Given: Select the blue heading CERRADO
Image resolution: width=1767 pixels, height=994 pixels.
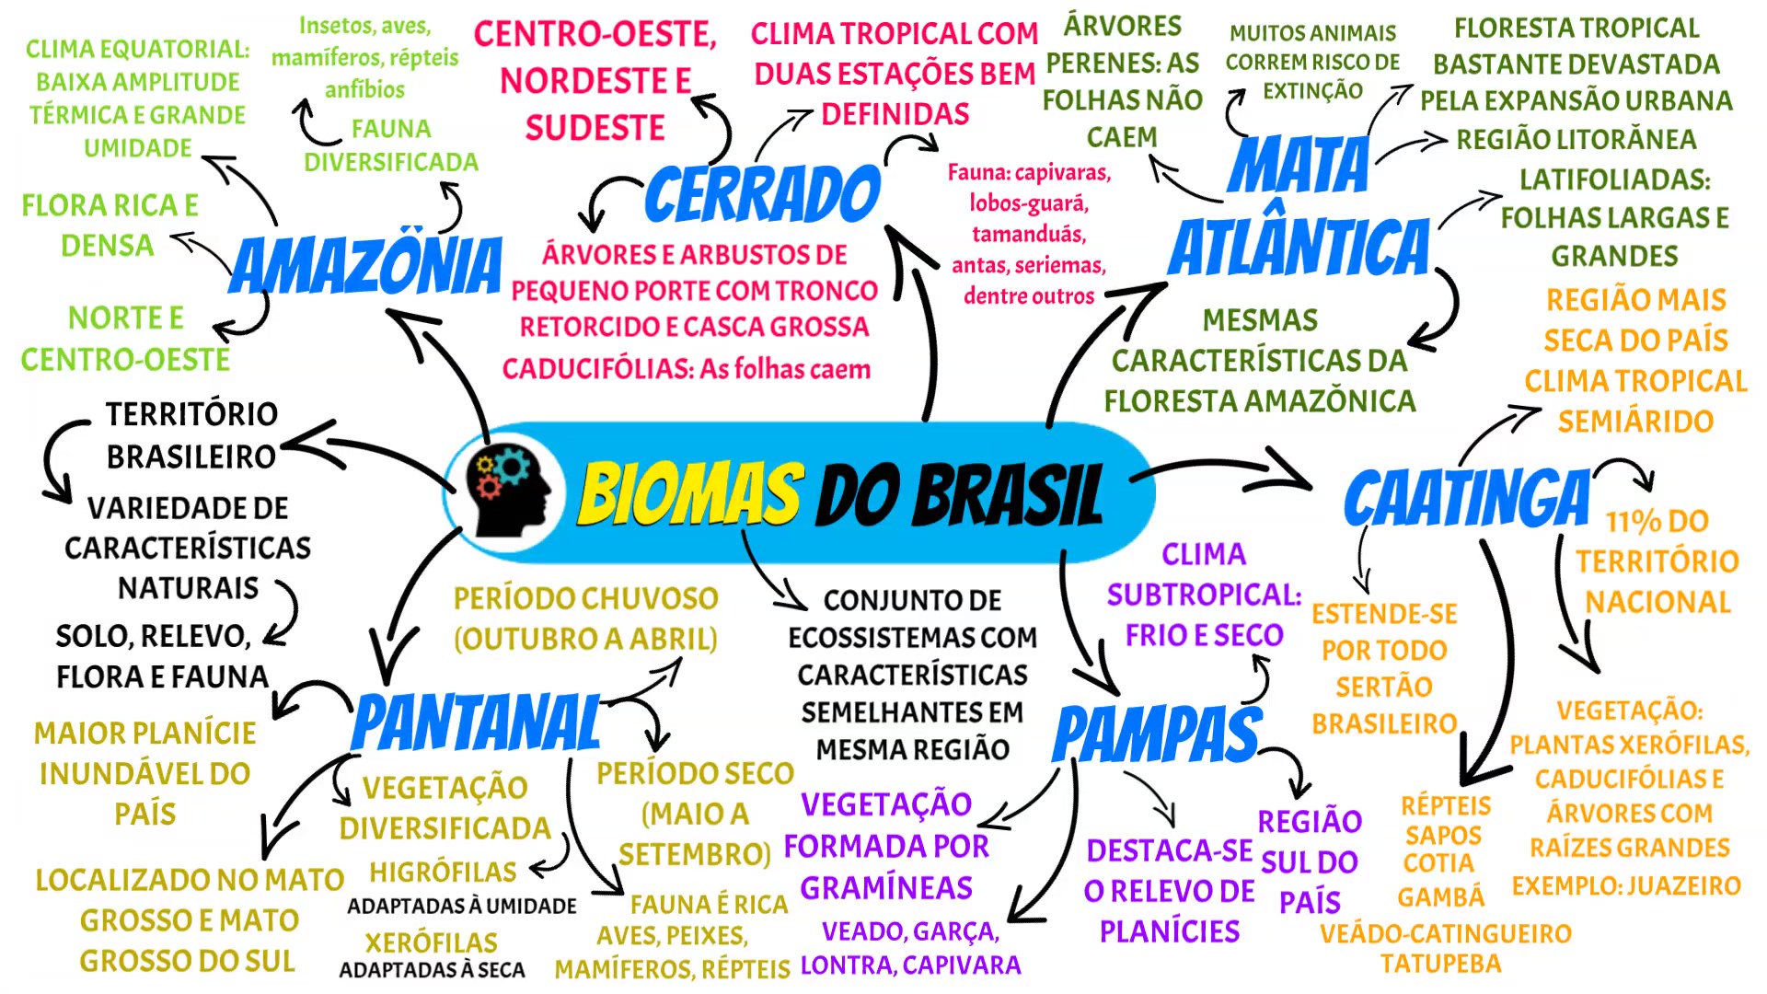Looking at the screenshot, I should pos(762,194).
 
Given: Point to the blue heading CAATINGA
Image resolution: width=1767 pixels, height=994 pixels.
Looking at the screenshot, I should pos(1467,499).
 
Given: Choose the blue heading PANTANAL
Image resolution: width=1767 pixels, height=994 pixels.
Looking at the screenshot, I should pos(476,723).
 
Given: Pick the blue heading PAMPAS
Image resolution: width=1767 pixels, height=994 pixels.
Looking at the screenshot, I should pos(1157,734).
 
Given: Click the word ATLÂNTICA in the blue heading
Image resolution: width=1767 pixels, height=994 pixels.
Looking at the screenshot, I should pos(1299,248).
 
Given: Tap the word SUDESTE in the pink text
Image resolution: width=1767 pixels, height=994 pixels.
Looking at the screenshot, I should pos(595,128).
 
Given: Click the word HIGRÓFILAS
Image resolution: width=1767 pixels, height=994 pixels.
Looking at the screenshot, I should pos(443,872).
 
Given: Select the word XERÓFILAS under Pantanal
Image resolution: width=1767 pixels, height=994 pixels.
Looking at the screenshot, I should pos(431,942).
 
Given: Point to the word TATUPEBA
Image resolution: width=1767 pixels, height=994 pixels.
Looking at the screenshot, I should pos(1440,964).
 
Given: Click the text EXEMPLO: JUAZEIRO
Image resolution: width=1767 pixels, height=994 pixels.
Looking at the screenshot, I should pos(1625,885).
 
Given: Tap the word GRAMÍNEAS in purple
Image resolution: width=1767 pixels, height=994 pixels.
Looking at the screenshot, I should pos(885,888).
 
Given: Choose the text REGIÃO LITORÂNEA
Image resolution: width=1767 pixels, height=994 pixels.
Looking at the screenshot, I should pos(1576,140).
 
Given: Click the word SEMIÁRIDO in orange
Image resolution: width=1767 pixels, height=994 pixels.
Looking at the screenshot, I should pos(1635,422).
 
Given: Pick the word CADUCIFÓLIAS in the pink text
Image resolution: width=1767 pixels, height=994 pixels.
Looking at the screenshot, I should pos(597,369).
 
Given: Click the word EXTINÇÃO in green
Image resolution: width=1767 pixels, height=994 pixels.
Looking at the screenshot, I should pos(1312,91).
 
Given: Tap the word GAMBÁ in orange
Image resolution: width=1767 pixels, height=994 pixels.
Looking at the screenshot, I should pos(1440,896).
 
